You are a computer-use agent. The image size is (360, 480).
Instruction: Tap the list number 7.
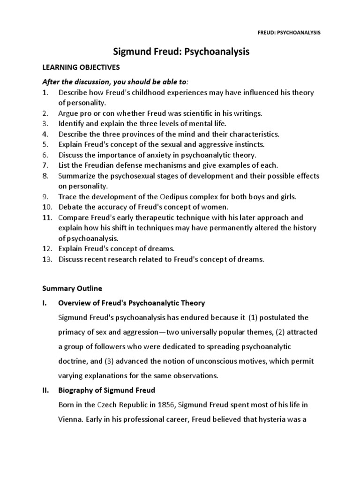click(x=45, y=165)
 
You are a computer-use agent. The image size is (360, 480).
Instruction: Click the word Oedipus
click(x=164, y=196)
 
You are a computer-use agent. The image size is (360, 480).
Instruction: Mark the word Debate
click(x=70, y=207)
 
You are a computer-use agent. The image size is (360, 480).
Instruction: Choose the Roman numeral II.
click(x=46, y=390)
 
